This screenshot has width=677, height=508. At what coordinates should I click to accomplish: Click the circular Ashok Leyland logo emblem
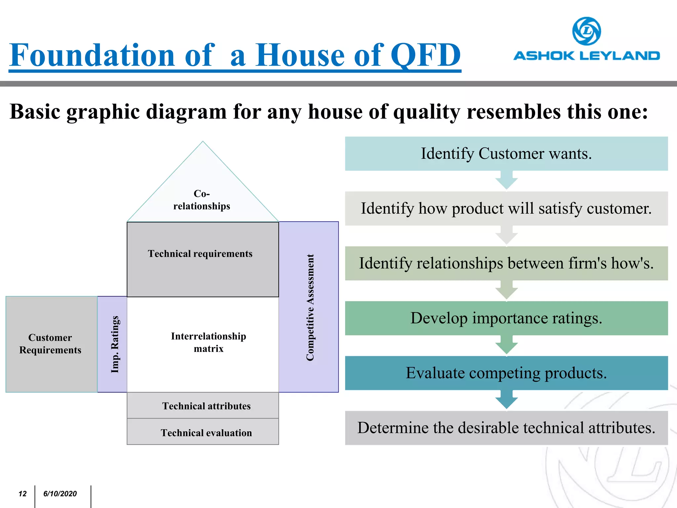coord(586,31)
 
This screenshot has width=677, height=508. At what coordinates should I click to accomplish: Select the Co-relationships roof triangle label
coord(202,200)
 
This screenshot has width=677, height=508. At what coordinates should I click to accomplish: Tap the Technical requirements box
coord(200,254)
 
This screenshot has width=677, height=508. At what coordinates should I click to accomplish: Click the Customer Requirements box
coord(50,344)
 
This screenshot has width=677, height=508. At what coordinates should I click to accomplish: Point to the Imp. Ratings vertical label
coord(114,344)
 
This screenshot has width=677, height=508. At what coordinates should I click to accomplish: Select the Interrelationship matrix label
coord(208,342)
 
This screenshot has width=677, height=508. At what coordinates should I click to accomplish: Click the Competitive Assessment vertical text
coord(310,307)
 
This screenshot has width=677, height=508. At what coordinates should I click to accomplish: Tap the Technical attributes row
coord(206,406)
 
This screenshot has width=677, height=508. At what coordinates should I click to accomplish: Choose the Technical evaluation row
coord(206,433)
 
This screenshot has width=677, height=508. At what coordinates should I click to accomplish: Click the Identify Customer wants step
coord(506,154)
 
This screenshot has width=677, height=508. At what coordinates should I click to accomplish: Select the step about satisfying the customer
coord(506,209)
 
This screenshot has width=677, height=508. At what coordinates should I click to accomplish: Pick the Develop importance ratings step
coord(506,318)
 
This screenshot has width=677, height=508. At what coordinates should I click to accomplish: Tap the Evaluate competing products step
coord(506,373)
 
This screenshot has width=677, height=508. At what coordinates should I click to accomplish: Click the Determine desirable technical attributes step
coord(506,428)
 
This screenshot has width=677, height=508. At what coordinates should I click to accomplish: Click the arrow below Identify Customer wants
coord(506,181)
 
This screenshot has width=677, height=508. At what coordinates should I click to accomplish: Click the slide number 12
coord(22,494)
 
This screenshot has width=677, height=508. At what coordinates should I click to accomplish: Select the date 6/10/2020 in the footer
coord(60,494)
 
